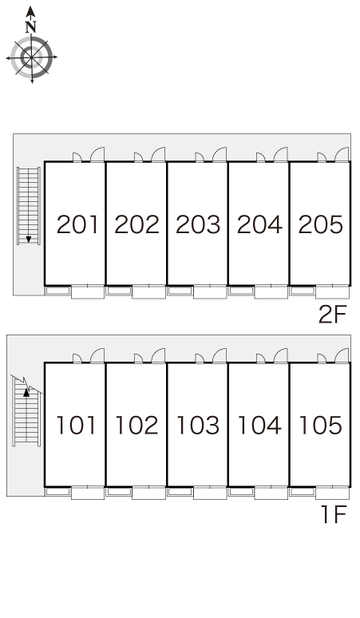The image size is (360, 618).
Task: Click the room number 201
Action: point(77,224)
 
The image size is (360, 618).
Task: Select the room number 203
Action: point(198,224)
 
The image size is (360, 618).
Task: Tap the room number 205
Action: point(321,224)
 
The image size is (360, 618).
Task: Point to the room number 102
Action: point(136,426)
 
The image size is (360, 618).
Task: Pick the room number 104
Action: point(259,426)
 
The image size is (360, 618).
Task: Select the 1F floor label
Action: point(334,514)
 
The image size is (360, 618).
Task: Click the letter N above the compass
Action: point(30,27)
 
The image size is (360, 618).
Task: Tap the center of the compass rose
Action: point(31,57)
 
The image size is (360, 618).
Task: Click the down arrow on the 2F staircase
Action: point(29,239)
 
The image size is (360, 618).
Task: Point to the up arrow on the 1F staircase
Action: point(26,392)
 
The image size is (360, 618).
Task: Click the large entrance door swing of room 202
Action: point(158,154)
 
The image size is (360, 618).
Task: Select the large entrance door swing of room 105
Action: point(342,355)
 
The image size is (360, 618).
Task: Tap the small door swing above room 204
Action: point(261,157)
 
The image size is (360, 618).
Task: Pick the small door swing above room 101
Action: point(77,359)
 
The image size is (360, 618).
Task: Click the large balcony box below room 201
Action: point(88,291)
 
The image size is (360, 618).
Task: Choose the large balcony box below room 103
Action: point(210,493)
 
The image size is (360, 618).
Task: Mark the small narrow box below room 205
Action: point(302,291)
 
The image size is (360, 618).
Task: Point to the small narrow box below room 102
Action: point(119,492)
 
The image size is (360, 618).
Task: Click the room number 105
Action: point(321,426)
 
